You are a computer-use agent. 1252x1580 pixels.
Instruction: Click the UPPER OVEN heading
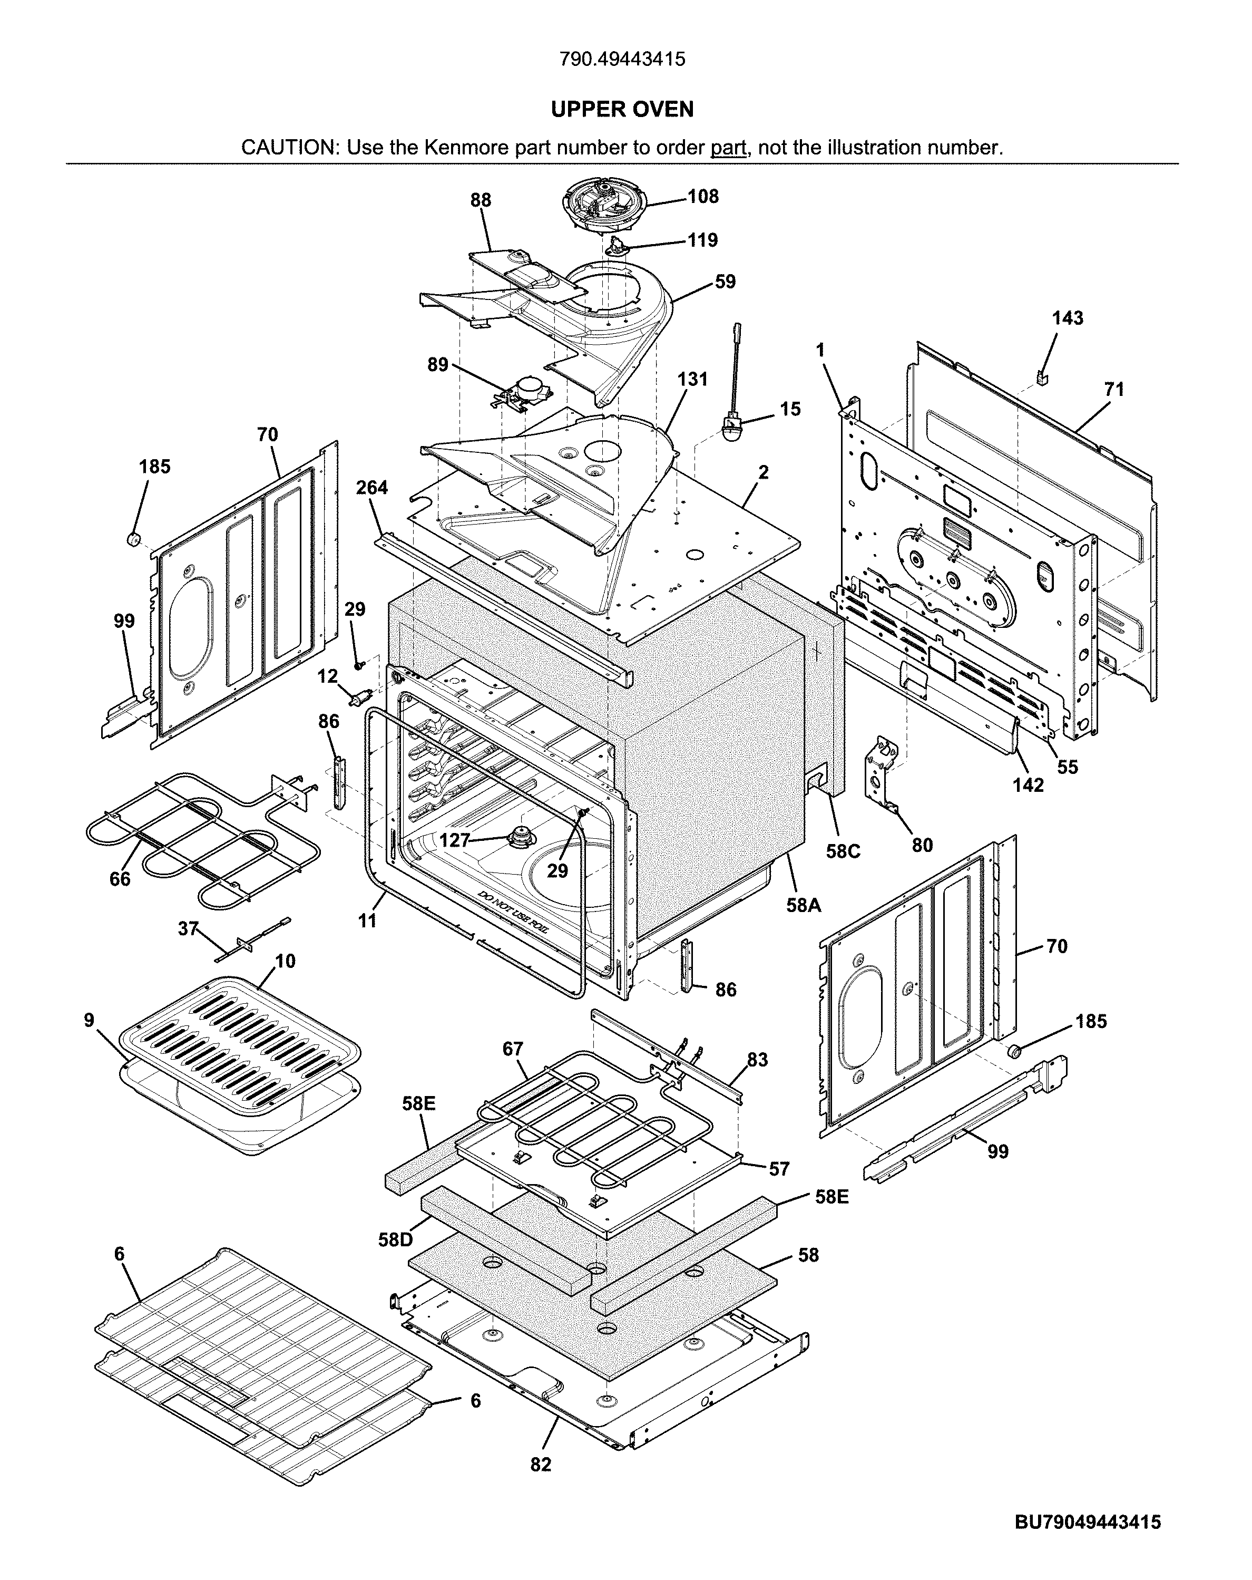622,109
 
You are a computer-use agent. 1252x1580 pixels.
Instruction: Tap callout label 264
372,487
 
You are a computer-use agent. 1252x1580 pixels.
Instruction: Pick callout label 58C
843,851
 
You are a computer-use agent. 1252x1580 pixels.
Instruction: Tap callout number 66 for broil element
120,879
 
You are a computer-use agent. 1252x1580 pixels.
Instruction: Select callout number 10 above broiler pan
285,961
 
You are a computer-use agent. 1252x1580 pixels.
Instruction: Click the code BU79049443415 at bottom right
1087,1537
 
